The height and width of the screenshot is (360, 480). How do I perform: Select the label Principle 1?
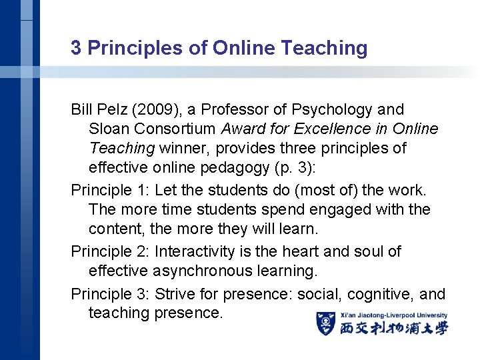click(110, 191)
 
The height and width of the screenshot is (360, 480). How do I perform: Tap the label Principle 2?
click(110, 252)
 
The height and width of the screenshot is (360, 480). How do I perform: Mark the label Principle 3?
click(110, 294)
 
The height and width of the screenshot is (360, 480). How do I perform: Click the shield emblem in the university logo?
click(325, 323)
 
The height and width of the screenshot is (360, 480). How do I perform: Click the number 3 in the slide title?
click(77, 48)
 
